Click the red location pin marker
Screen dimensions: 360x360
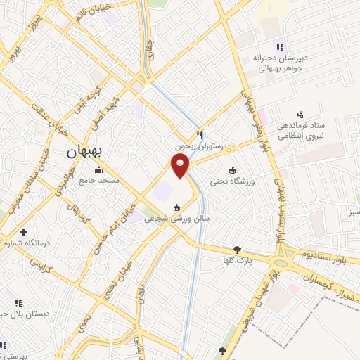point(181,165)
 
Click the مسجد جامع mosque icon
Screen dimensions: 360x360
point(98,170)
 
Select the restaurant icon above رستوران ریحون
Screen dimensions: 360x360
point(200,135)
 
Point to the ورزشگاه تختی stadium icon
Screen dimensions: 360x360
point(232,169)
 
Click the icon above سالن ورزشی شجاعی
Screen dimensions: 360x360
point(176,207)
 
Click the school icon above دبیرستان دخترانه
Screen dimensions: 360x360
point(280,47)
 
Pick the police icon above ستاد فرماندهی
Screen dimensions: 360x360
point(301,114)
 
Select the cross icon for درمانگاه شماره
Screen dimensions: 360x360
point(24,232)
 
